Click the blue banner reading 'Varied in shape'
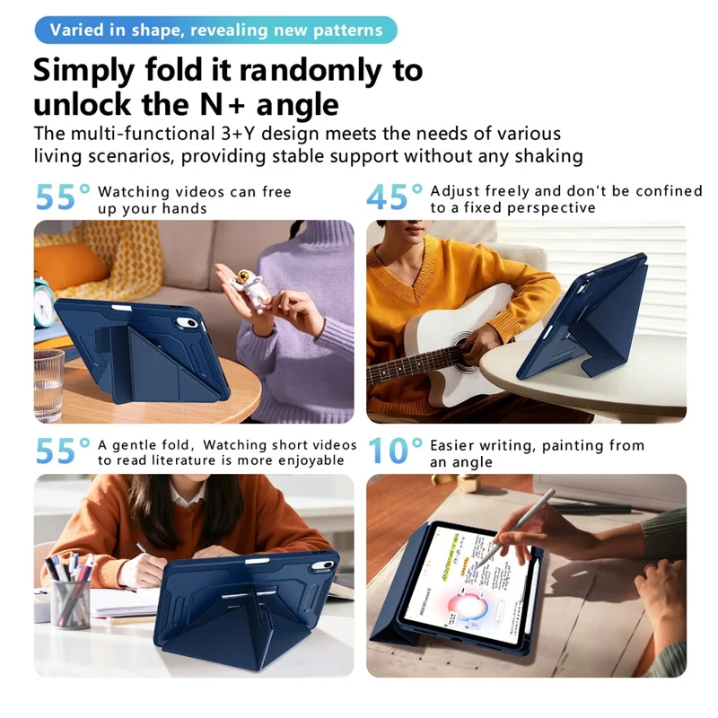coord(215,30)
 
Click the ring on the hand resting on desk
coord(645,569)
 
